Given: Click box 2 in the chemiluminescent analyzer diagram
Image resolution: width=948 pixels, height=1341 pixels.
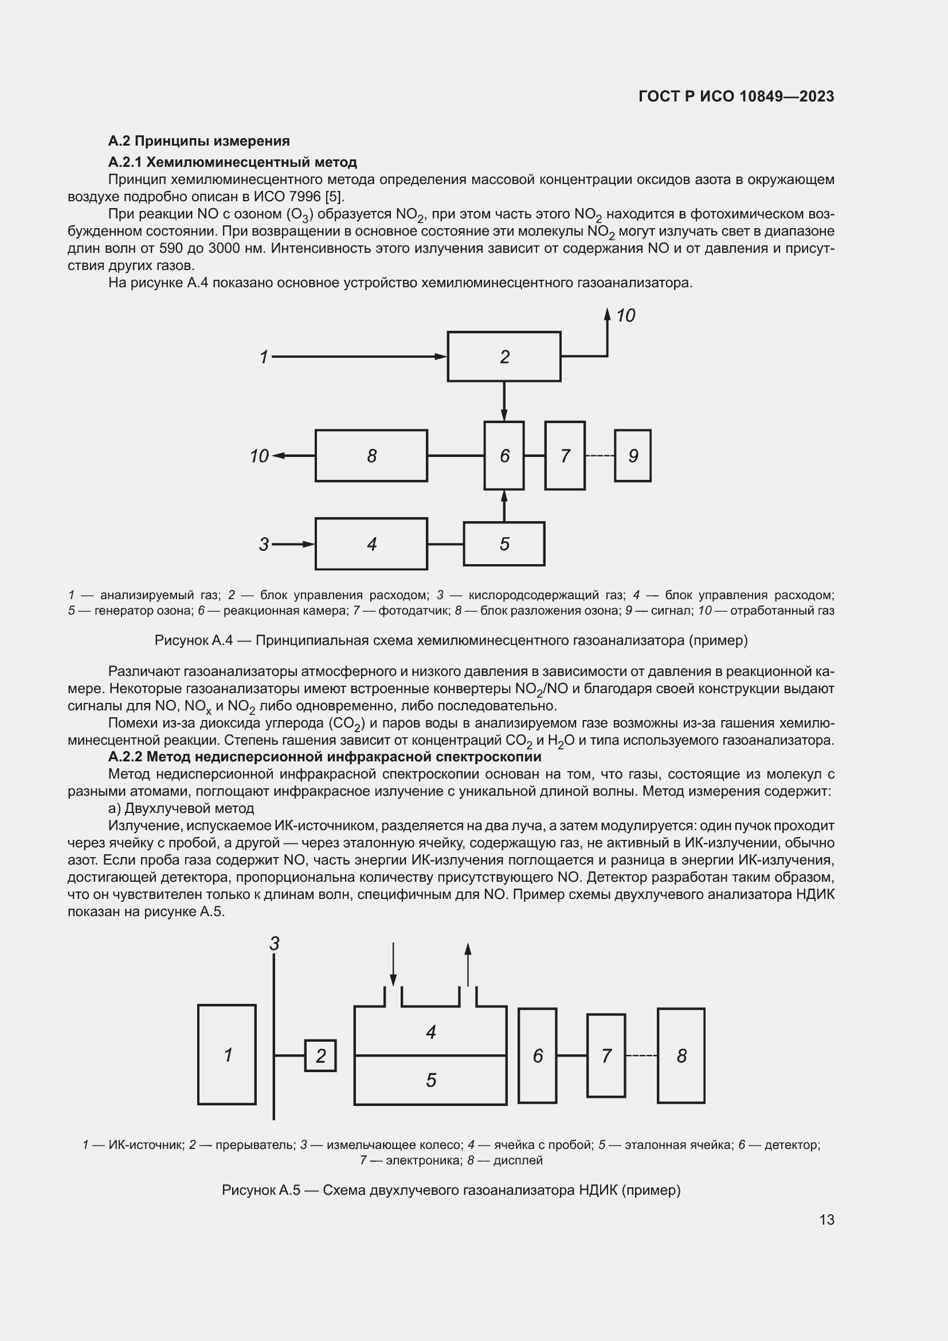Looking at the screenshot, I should [x=504, y=356].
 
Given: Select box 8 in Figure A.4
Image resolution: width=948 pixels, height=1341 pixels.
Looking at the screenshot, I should [x=371, y=456].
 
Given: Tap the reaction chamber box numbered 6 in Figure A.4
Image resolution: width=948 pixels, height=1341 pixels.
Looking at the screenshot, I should [x=504, y=456].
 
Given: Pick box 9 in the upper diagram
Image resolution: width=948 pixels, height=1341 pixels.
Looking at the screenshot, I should [x=632, y=456].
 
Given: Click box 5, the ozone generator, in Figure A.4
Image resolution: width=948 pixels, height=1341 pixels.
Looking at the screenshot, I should [x=504, y=544].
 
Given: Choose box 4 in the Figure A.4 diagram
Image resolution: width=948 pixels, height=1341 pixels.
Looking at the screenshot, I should [x=371, y=544].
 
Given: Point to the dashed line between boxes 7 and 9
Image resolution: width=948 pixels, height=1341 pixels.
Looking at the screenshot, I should [x=600, y=456].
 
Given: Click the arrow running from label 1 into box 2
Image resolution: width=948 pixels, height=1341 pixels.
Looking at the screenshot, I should [x=356, y=356].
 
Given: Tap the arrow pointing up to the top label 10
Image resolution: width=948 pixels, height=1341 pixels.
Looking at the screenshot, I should [x=607, y=333].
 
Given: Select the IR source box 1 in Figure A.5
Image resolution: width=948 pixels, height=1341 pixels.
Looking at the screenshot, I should [x=227, y=1055].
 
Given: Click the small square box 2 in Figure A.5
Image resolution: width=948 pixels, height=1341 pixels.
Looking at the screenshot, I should [x=320, y=1055].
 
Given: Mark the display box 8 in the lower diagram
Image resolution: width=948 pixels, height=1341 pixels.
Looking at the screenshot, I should [x=681, y=1055].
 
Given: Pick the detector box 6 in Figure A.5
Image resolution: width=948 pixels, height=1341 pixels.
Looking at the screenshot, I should [x=537, y=1055].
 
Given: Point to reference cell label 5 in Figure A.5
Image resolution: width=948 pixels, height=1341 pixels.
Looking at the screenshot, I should [x=431, y=1080].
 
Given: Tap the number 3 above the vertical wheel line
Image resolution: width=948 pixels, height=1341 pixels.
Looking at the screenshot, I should [x=275, y=943].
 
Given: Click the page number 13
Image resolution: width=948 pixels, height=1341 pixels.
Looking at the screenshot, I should [x=826, y=1219].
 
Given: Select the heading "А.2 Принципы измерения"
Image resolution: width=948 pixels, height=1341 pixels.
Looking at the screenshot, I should [x=199, y=141].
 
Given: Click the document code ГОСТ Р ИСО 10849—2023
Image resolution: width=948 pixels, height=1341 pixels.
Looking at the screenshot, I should [x=736, y=96].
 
